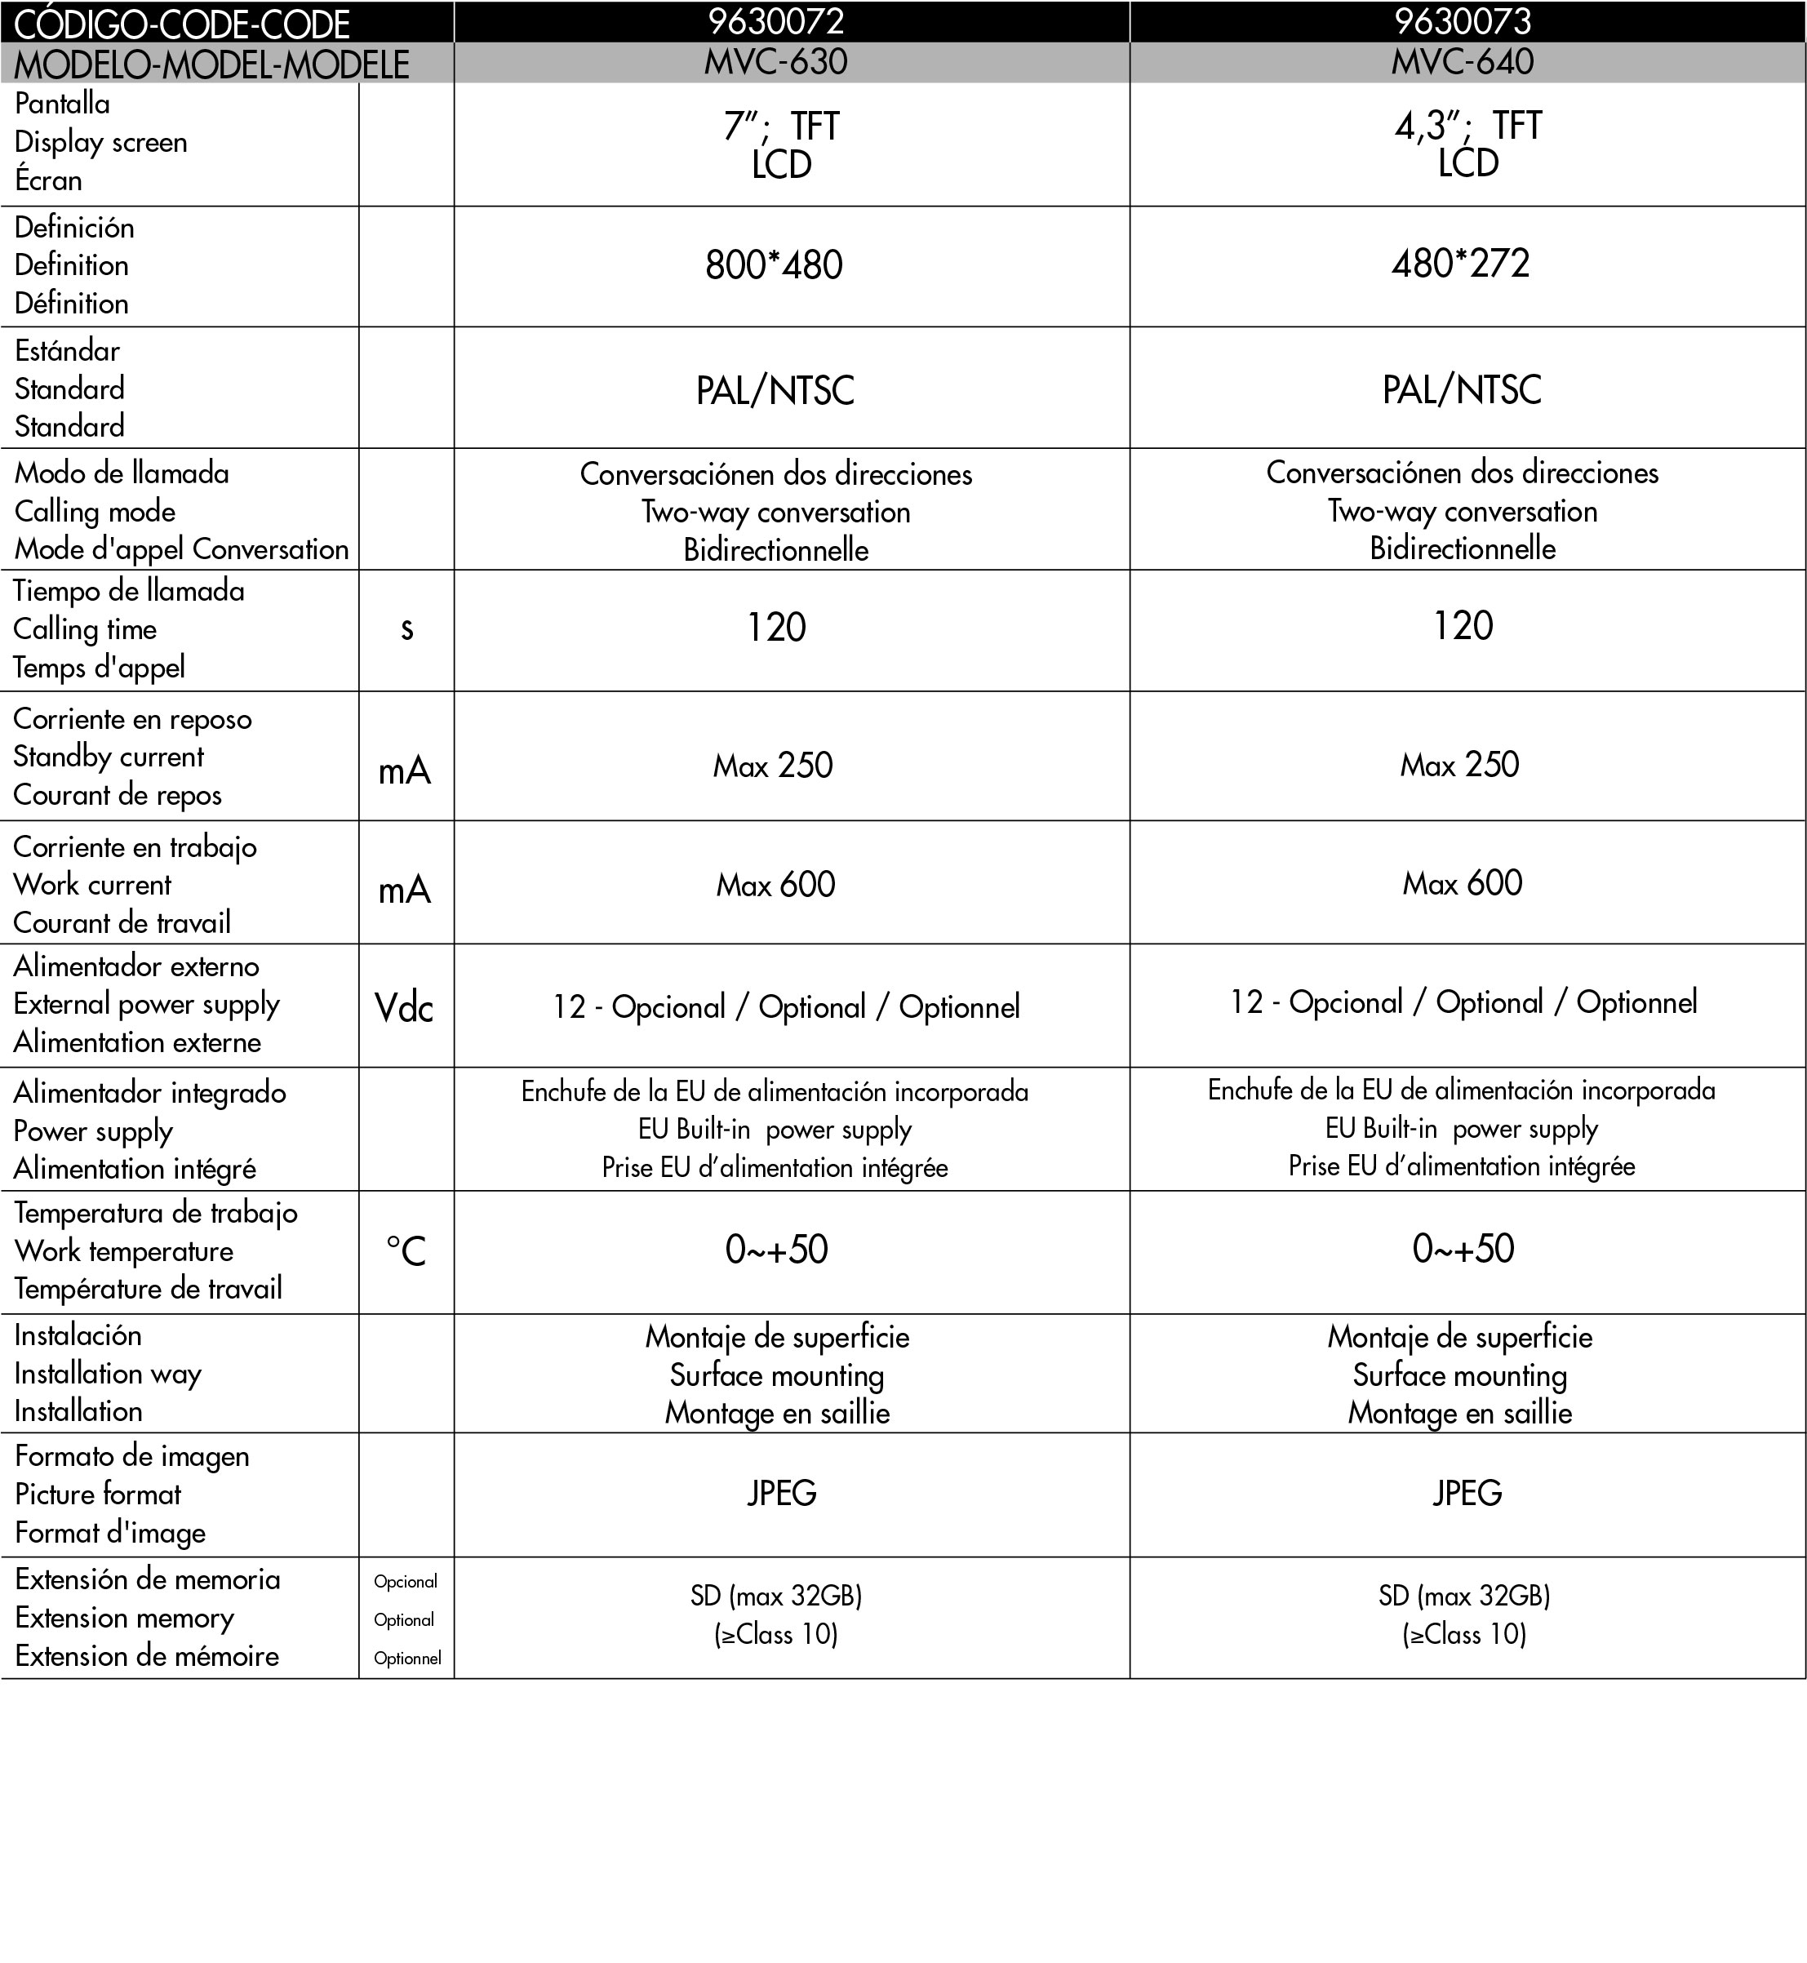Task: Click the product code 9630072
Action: pos(775,20)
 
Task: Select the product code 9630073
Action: pos(1463,20)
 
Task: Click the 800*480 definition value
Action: pos(774,265)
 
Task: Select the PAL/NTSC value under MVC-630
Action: pos(775,390)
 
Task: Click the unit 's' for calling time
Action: pos(406,629)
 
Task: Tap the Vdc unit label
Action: pos(404,1007)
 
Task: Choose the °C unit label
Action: pos(406,1251)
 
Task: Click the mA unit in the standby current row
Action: pos(405,771)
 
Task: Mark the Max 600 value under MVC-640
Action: pos(1463,883)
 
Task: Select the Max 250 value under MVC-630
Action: pos(772,765)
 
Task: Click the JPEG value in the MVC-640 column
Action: pos(1467,1493)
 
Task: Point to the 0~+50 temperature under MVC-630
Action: pos(776,1249)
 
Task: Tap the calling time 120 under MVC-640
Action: pos(1463,626)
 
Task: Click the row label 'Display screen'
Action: pos(100,143)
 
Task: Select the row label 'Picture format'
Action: pos(98,1494)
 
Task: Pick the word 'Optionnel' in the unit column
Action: pos(406,1658)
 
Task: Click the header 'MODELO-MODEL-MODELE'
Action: pos(211,64)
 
